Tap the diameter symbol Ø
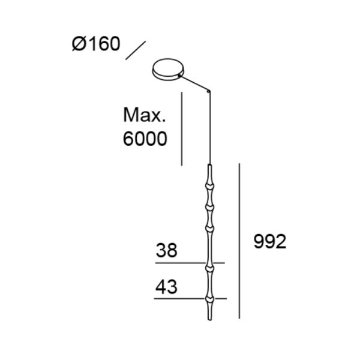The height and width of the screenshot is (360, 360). pos(79,45)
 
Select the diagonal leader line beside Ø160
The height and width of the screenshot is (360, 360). pos(136,50)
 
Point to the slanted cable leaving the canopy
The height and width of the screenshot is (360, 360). pos(195,83)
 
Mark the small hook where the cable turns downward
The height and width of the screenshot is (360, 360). pos(209,92)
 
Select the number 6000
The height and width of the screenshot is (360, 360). pos(144,139)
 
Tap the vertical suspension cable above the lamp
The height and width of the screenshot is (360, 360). pos(210,129)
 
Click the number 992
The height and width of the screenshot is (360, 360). pos(269,241)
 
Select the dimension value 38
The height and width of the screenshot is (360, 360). pos(166,250)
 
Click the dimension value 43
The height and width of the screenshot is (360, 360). pos(166,287)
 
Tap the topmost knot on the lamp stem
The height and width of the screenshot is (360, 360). pos(210,186)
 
